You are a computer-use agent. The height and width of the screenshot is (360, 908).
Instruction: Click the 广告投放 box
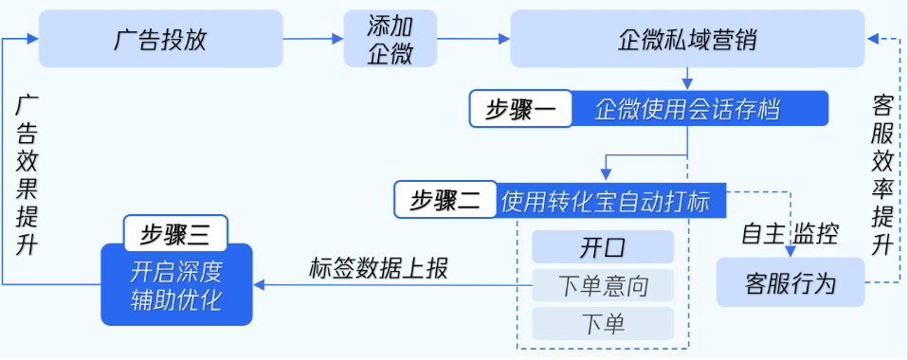160,39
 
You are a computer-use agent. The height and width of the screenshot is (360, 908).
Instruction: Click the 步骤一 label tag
521,109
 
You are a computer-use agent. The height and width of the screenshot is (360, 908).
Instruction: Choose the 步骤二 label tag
445,200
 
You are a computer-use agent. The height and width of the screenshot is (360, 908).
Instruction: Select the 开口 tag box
603,247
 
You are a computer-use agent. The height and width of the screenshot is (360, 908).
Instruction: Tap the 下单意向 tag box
603,285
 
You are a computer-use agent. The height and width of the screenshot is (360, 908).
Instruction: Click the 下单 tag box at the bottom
603,323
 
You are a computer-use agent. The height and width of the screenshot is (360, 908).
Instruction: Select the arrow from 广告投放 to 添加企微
313,39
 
